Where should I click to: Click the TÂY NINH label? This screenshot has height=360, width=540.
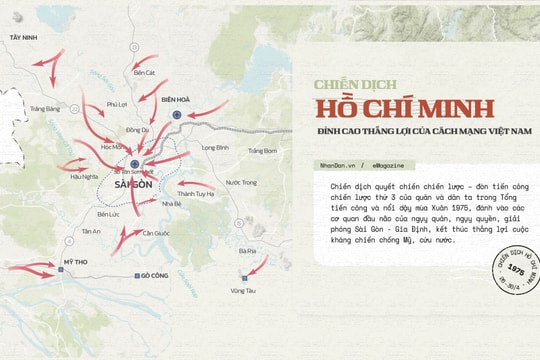23,36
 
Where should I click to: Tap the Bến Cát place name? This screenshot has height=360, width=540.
145,72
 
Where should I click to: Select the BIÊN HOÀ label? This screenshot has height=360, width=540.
176,100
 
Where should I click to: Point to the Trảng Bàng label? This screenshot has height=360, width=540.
45,108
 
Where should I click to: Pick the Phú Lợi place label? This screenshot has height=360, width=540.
117,104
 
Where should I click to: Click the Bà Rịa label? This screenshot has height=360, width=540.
247,251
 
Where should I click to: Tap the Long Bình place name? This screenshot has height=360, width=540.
215,147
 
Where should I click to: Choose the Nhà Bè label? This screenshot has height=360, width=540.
171,203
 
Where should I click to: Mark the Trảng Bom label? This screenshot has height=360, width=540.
262,150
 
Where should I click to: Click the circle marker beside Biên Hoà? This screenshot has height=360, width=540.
177,115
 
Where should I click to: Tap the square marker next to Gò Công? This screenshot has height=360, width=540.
137,275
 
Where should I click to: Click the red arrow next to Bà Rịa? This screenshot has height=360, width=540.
258,266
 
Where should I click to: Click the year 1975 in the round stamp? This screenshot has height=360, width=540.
515,269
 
